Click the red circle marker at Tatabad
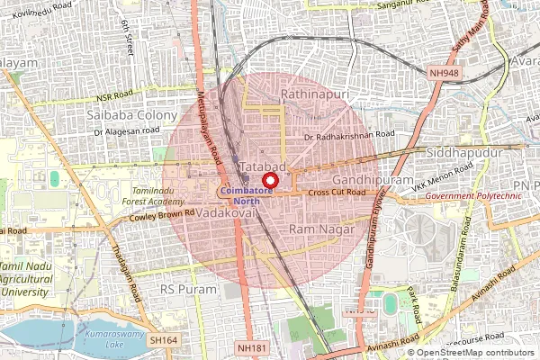(x=266, y=180)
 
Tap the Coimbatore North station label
(x=246, y=197)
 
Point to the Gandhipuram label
(x=355, y=181)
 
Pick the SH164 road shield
(x=165, y=340)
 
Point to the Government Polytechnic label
(x=473, y=195)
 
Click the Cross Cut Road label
(x=337, y=193)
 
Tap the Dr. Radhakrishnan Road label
(x=350, y=137)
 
